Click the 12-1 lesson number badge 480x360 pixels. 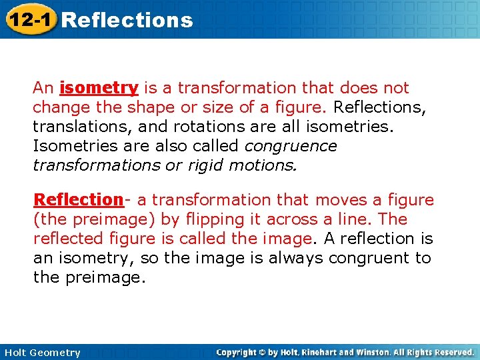point(30,19)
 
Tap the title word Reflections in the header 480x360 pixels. point(127,20)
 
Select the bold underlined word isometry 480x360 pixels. point(99,88)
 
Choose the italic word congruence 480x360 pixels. point(291,146)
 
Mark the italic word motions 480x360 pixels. point(261,165)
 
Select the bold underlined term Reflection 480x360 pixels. point(78,200)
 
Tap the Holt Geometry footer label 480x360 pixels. point(42,353)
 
